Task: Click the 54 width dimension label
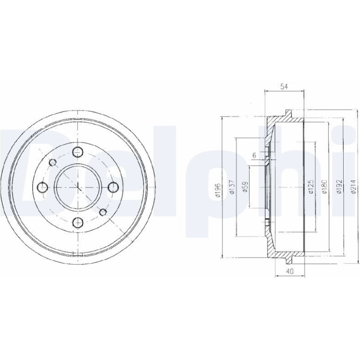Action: [x=284, y=86]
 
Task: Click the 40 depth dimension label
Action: [x=290, y=271]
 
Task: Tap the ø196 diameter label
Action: [x=218, y=190]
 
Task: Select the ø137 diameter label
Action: [x=232, y=187]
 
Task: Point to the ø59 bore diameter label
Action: [x=245, y=187]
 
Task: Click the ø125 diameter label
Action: [x=311, y=187]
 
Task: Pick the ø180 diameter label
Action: [x=324, y=187]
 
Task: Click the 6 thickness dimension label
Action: [x=254, y=155]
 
